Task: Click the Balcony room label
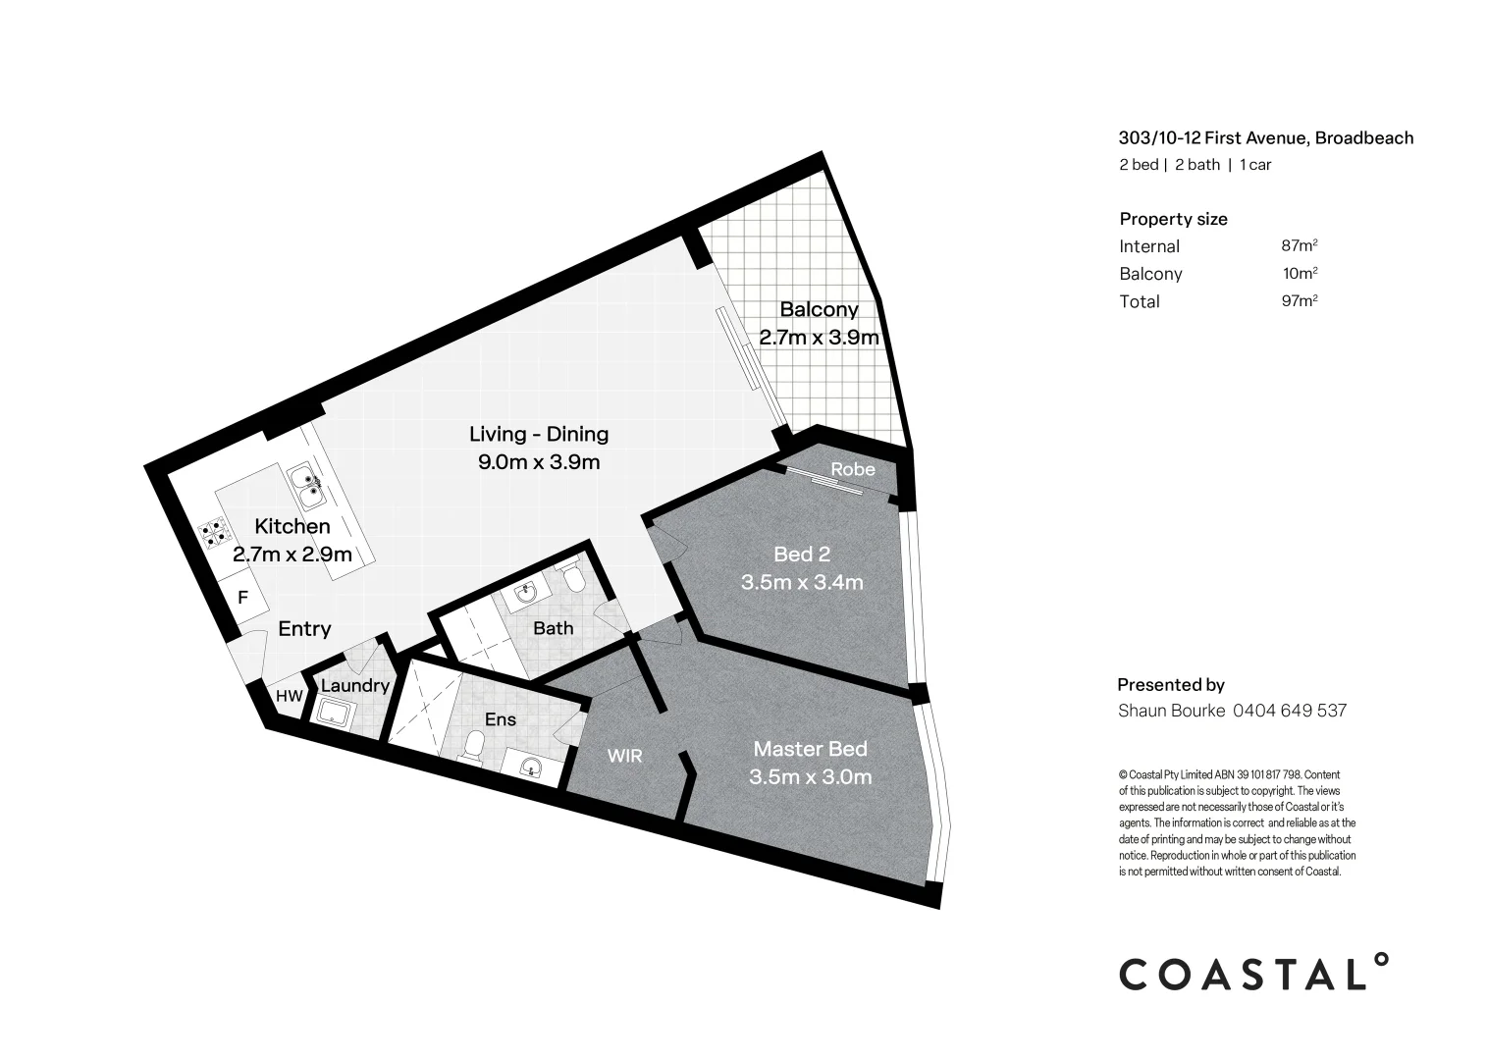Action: point(819,310)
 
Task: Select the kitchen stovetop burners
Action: point(213,534)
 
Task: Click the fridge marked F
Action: point(242,597)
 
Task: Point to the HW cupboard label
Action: point(289,696)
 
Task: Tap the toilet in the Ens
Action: point(472,747)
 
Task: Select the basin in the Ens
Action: point(531,766)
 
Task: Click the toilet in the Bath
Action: point(576,580)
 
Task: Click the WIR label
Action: point(625,756)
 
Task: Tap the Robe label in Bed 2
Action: point(852,469)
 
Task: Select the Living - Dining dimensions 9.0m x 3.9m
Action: point(539,461)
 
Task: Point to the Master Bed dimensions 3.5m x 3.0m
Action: point(810,777)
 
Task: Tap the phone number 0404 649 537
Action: point(1289,710)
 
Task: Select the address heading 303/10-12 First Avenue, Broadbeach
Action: point(1266,138)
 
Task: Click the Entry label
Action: point(304,629)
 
